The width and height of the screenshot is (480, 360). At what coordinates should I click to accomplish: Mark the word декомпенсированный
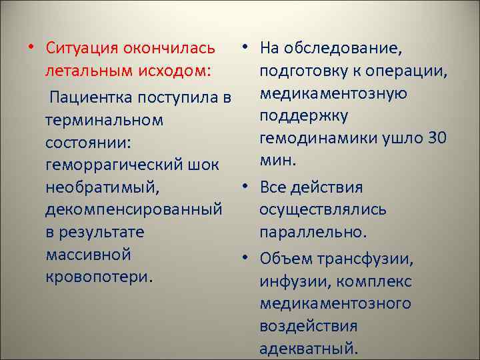click(x=133, y=210)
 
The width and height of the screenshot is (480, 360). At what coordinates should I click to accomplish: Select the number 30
click(x=435, y=138)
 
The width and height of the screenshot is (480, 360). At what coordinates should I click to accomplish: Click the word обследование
click(x=344, y=48)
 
